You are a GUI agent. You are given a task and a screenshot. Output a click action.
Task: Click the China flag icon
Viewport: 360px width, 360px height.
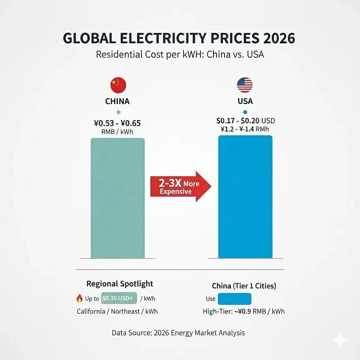[118, 85]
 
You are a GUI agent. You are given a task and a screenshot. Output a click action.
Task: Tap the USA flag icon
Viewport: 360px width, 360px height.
[245, 85]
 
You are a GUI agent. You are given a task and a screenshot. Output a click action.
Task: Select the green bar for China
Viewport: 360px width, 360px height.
[117, 198]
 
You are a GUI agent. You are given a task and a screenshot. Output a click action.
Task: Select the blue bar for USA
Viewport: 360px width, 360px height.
[245, 197]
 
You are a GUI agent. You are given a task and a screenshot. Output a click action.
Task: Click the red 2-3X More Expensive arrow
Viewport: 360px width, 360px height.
[181, 187]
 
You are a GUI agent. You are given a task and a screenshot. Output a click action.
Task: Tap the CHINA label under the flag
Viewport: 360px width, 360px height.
[117, 101]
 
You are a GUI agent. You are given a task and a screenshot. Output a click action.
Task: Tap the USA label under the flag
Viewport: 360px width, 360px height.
[245, 101]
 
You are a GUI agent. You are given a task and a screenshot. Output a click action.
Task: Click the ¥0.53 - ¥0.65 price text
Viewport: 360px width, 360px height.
[117, 123]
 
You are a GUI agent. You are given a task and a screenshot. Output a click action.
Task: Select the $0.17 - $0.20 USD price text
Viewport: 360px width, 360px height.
[245, 121]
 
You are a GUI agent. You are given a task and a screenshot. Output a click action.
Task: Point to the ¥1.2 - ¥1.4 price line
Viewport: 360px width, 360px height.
[245, 129]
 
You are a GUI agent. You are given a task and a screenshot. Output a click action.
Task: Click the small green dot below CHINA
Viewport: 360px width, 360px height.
[118, 112]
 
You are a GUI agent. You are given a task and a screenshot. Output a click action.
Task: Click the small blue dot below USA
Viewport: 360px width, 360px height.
[245, 112]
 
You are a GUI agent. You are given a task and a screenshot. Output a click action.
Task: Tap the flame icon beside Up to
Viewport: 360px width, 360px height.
[79, 298]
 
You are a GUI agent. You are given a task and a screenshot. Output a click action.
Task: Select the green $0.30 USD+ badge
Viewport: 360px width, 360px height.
[119, 298]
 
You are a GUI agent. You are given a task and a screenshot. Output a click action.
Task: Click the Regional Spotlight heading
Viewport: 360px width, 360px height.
[120, 284]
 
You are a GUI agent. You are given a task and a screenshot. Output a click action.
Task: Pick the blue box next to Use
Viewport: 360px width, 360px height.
[234, 299]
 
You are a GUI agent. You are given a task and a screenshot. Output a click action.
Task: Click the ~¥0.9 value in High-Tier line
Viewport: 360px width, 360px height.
[243, 311]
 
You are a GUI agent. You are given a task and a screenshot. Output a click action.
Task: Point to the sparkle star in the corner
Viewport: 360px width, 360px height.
[340, 340]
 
